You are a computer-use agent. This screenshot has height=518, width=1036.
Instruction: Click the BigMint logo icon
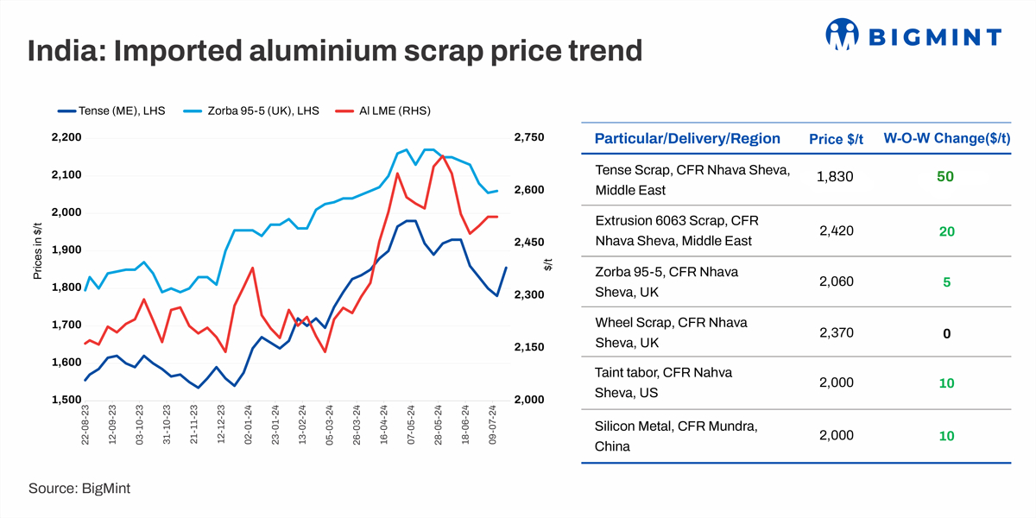point(843,35)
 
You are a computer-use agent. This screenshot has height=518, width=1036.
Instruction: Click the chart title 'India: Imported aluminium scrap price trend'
point(335,51)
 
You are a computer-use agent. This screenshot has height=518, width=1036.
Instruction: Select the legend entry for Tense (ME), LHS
point(111,111)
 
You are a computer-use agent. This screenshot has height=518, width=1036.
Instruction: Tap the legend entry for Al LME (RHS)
point(385,111)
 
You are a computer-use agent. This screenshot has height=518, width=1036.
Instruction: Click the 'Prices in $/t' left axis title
point(37,250)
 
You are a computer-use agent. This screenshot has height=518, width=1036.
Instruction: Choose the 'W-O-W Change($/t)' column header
point(946,138)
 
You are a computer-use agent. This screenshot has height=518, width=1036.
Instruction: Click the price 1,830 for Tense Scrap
point(834,176)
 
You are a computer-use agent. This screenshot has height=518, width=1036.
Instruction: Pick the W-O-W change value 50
point(945,176)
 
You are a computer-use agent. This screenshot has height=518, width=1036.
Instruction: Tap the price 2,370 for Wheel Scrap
point(834,333)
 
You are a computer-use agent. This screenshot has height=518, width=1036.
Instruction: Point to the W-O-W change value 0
point(946,333)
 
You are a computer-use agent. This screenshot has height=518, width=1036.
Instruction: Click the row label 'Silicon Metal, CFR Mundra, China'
point(677,436)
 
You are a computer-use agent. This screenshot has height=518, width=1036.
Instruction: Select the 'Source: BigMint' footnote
point(79,489)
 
